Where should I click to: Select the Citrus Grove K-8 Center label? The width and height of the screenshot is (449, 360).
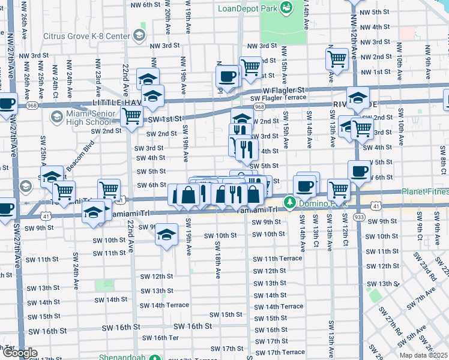click(x=86, y=37)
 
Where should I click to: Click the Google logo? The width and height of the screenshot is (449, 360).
click(x=19, y=353)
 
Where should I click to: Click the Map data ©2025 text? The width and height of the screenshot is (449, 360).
click(x=424, y=355)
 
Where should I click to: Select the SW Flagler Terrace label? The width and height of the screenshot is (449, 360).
click(x=278, y=98)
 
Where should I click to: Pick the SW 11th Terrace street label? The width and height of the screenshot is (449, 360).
click(x=277, y=258)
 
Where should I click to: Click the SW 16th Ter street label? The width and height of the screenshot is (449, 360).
click(x=157, y=338)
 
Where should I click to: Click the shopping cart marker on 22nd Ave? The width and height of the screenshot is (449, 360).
click(x=131, y=117)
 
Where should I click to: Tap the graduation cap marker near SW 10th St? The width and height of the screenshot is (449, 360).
click(x=166, y=235)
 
